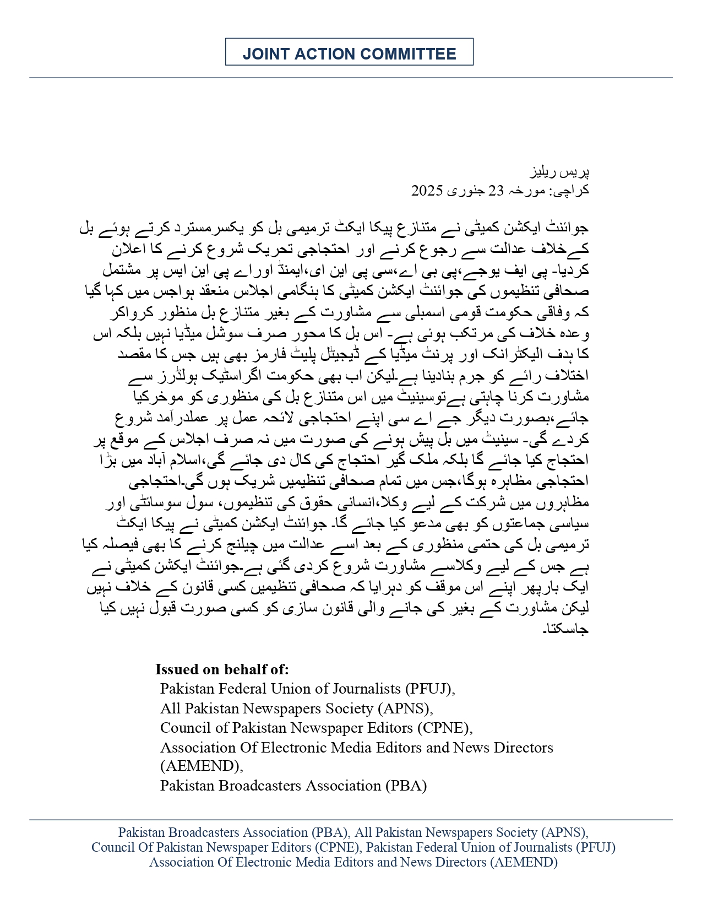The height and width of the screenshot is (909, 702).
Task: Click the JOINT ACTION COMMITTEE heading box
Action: (349, 52)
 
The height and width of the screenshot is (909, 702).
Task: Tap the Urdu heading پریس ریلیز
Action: (559, 172)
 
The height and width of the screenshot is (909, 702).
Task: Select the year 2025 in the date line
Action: (427, 191)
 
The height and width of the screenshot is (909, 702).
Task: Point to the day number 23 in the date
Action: (497, 191)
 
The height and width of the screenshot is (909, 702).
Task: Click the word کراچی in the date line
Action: (569, 191)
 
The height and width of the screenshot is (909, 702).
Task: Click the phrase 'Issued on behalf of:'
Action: (222, 669)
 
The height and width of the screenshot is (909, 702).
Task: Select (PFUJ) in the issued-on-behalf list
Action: (429, 689)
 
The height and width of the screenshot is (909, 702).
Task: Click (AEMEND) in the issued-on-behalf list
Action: (201, 766)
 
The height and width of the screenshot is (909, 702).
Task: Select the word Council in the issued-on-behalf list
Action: (179, 728)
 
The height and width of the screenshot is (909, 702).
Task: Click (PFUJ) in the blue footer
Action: (595, 847)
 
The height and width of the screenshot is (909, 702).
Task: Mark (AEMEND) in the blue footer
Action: (524, 862)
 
